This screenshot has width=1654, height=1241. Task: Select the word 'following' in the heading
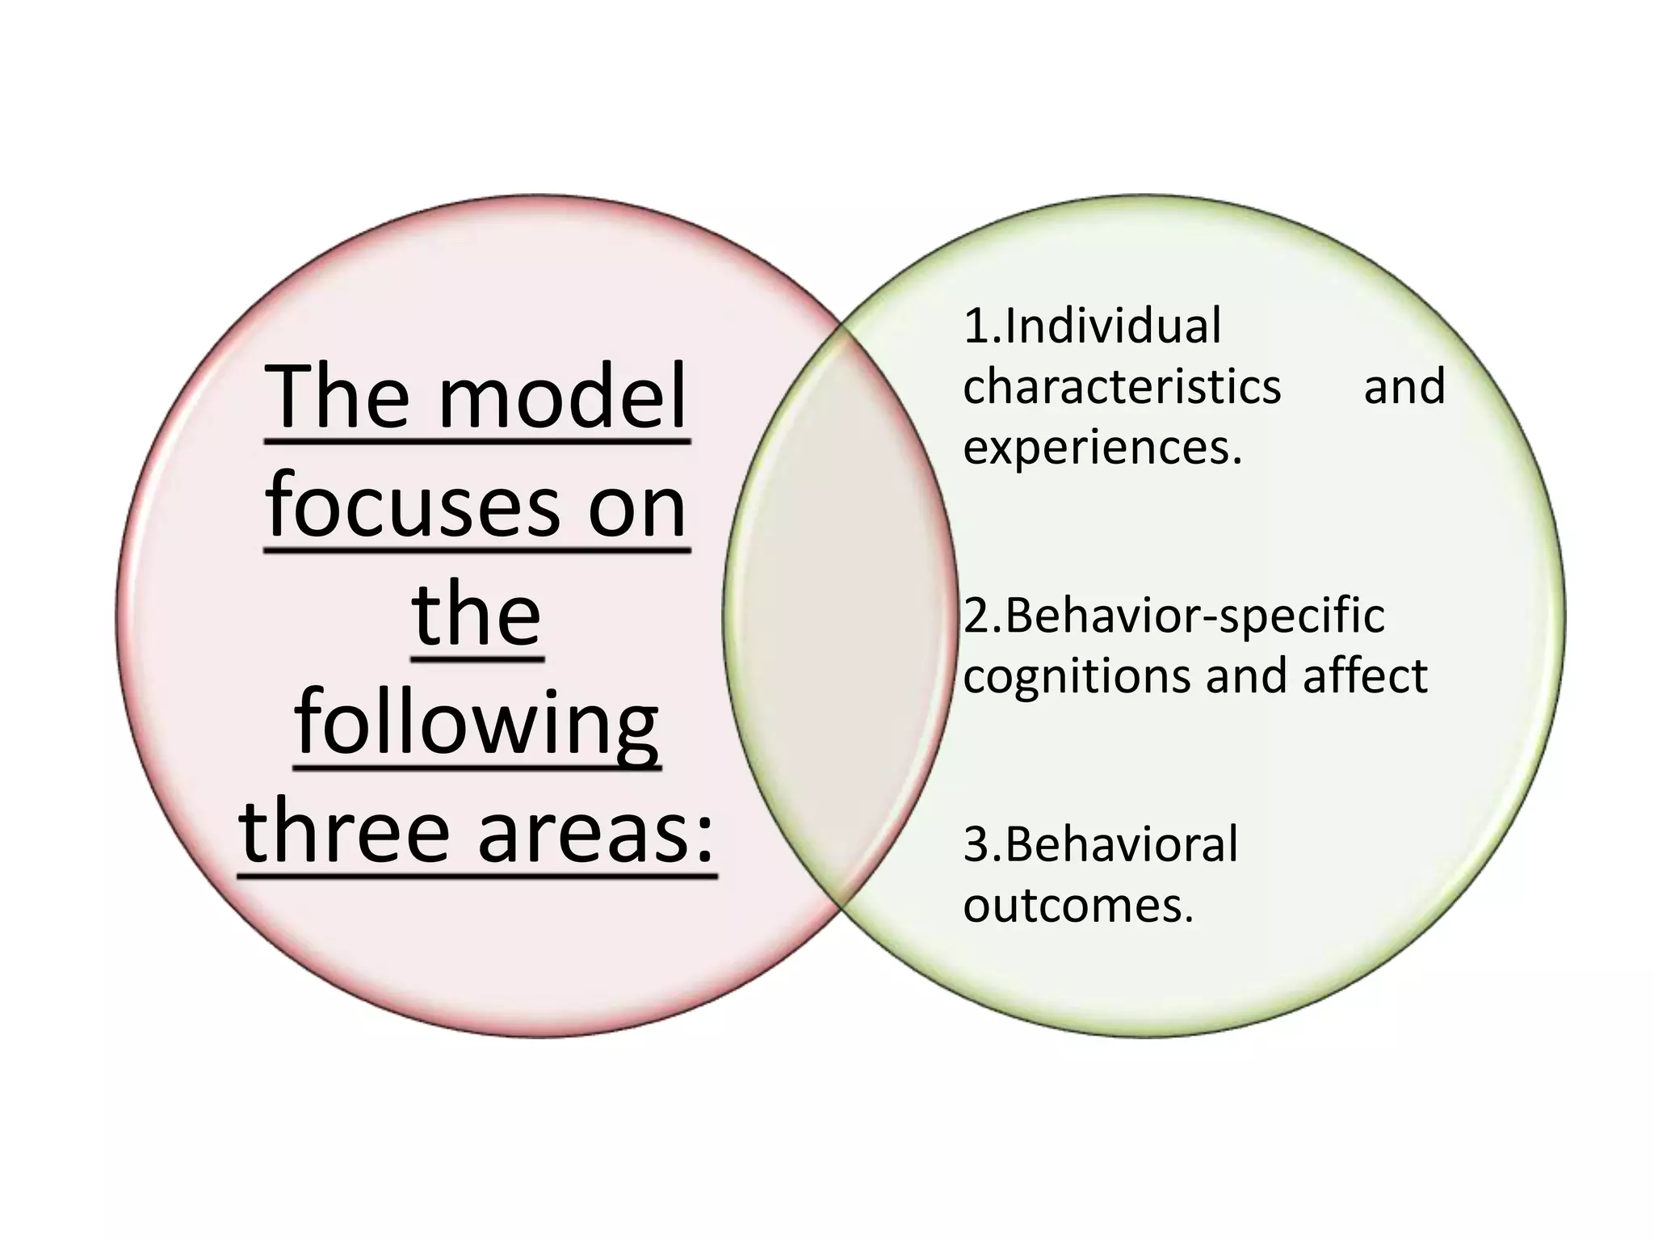pos(476,724)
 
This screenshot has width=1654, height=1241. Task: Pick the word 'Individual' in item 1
pos(1114,326)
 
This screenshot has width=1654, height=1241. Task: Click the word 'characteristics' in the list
pos(1123,386)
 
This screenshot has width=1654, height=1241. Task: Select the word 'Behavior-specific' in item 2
pos(1194,616)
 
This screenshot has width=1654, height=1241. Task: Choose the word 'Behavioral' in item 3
pos(1122,845)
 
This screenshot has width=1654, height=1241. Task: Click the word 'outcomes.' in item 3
pos(1078,906)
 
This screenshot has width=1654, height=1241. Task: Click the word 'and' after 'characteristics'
pos(1404,386)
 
